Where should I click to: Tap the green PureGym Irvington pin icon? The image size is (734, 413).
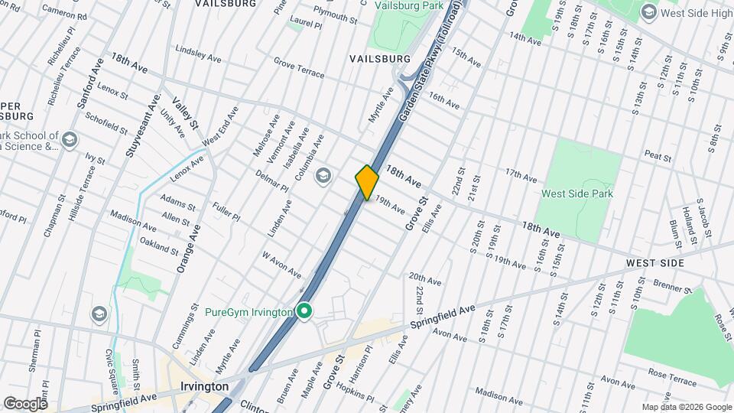point(304,312)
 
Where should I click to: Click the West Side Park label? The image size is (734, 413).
point(576,193)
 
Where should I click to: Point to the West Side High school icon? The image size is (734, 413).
point(649,12)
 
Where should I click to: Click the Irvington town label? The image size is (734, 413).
point(204,386)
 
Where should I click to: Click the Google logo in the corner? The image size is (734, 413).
point(24,403)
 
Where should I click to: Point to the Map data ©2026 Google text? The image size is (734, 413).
point(686,407)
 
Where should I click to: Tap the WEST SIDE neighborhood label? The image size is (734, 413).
point(654,262)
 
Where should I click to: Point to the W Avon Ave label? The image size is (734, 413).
point(281,265)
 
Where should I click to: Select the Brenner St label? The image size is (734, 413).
point(672,287)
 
